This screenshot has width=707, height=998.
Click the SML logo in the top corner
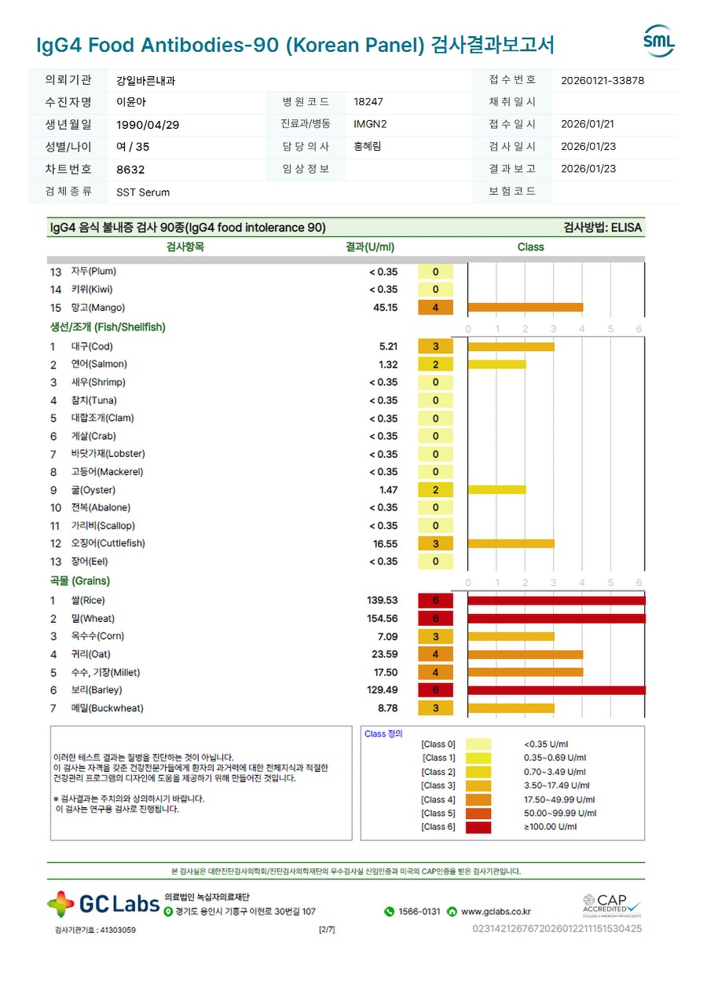[658, 42]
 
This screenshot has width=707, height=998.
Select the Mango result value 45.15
[385, 308]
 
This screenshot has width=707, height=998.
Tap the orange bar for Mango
[525, 308]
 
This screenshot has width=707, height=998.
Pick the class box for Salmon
[435, 364]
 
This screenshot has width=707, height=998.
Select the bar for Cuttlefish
[511, 543]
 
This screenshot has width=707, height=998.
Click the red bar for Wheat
[556, 619]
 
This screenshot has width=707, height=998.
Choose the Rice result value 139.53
[383, 601]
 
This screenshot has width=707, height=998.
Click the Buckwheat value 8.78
[387, 708]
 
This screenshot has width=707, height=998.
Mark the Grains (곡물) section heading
[80, 581]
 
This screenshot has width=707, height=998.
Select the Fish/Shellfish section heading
[108, 327]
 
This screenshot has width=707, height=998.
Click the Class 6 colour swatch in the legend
[478, 827]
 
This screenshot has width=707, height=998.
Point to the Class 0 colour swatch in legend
[478, 744]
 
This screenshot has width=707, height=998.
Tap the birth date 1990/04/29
[141, 125]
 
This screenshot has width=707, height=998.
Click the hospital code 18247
[368, 102]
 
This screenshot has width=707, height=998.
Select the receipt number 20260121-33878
[603, 80]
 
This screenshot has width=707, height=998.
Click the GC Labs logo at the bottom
[104, 904]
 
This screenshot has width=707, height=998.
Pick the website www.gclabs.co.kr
[496, 912]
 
